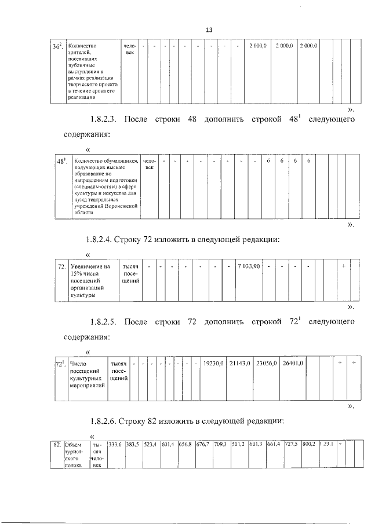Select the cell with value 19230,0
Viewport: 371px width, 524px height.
pos(212,364)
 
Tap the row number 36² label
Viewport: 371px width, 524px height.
pos(57,46)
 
